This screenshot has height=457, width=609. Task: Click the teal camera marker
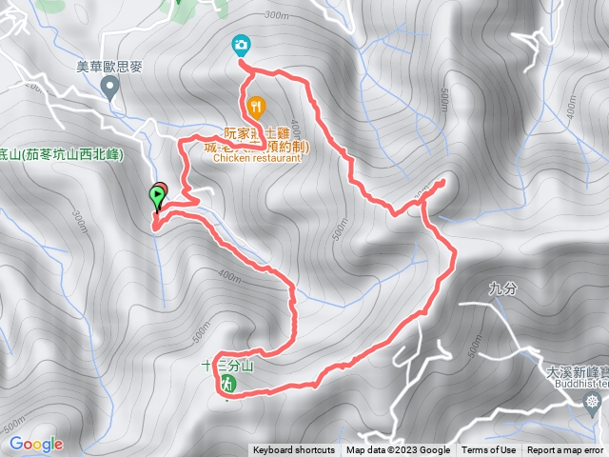[x=242, y=45]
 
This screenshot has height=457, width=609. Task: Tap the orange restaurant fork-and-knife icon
[x=255, y=106]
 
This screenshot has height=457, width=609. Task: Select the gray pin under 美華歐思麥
[x=110, y=89]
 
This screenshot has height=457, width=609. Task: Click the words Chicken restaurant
[x=257, y=159]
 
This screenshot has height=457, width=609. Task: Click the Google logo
[x=36, y=444]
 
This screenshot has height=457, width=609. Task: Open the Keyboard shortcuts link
[x=293, y=450]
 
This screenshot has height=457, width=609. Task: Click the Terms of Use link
[x=489, y=450]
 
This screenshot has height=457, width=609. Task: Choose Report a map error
[x=565, y=450]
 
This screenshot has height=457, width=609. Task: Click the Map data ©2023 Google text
[x=398, y=450]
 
